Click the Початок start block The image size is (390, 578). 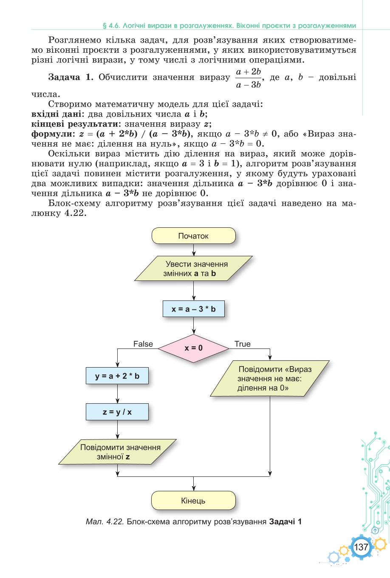[193, 235]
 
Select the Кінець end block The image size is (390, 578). [193, 501]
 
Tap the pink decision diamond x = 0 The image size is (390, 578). [193, 348]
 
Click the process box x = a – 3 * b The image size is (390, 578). [193, 309]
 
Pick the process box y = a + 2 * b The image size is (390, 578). [117, 376]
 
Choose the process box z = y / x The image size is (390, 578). [117, 412]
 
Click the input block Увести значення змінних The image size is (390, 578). [193, 268]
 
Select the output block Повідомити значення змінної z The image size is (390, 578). [118, 452]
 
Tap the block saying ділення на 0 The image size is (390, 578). [270, 378]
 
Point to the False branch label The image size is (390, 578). [143, 344]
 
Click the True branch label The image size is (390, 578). [243, 344]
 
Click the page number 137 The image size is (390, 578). [361, 547]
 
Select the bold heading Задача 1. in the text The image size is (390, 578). [71, 77]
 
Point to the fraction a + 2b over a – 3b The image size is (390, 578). [249, 78]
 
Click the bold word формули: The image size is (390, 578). [51, 134]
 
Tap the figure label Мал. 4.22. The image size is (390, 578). [105, 522]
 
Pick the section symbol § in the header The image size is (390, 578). [105, 26]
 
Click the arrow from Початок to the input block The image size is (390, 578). [194, 250]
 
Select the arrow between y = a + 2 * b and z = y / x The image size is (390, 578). [117, 394]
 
